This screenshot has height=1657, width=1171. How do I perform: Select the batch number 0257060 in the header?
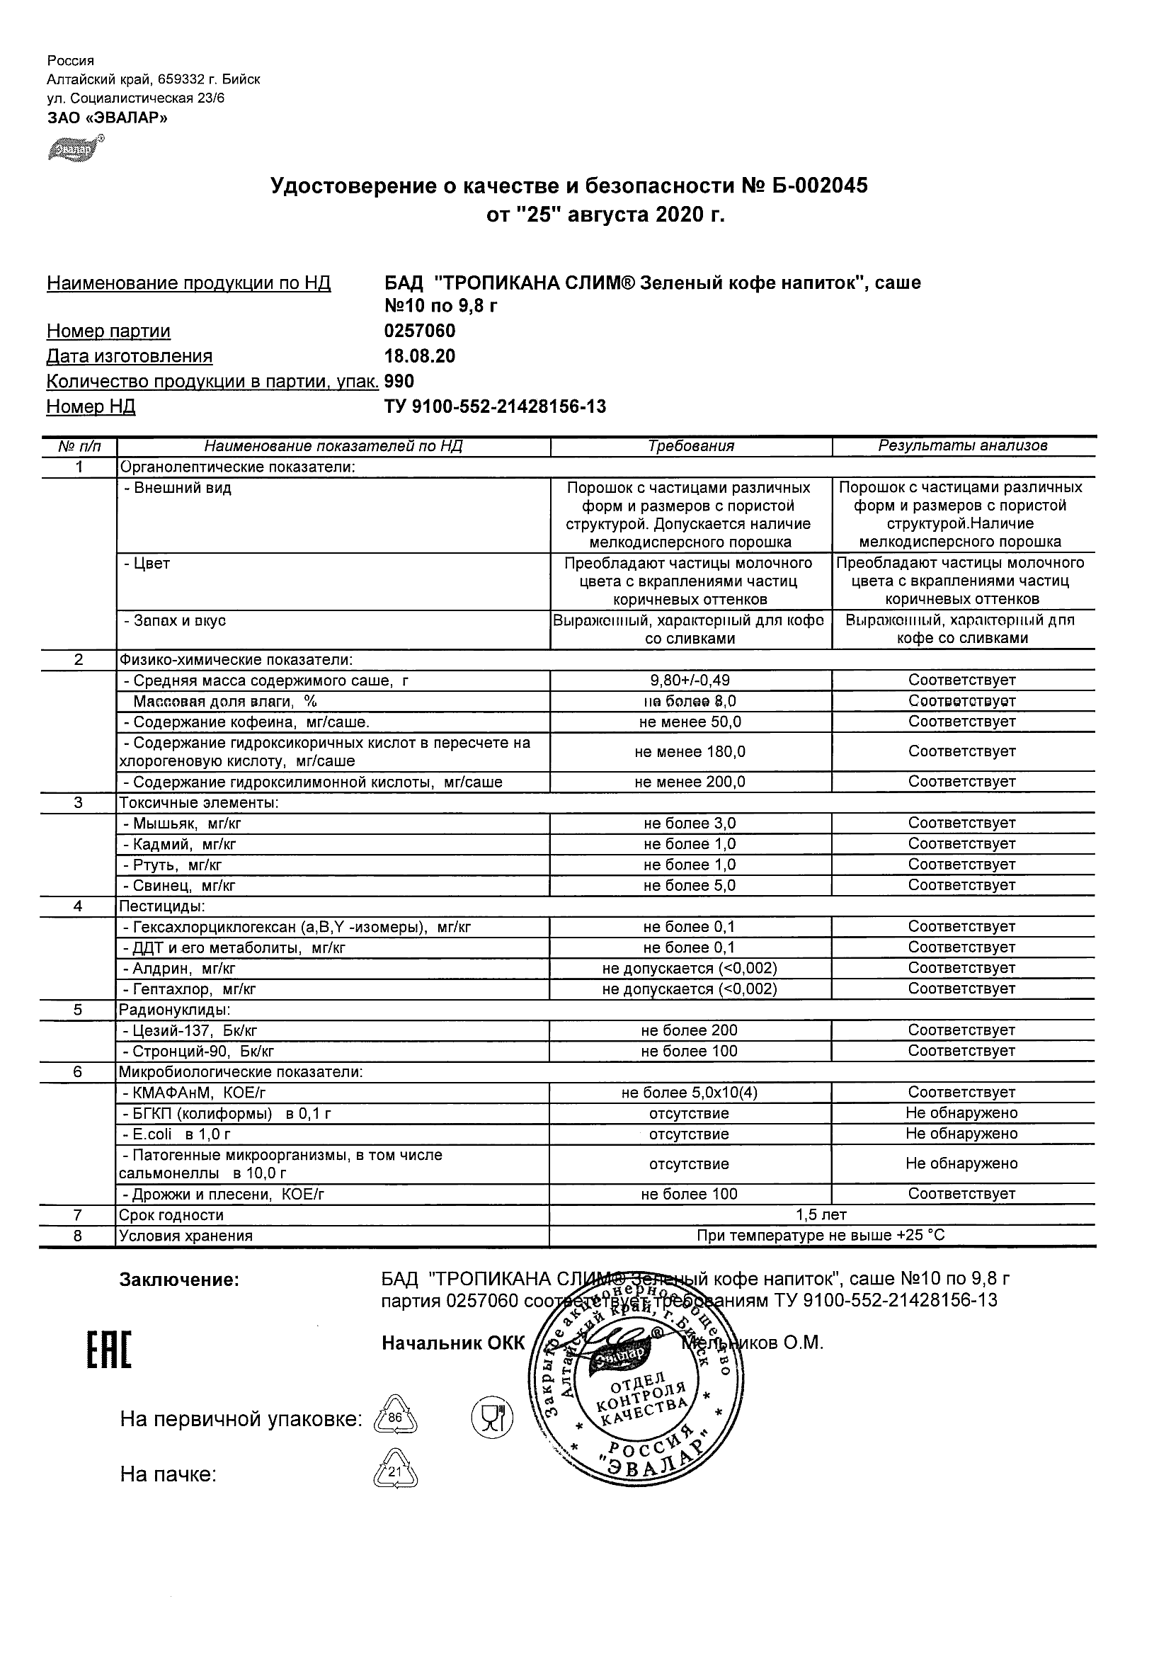point(420,331)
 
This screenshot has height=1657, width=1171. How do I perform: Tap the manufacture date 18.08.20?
point(420,355)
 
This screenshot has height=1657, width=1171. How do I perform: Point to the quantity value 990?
point(400,381)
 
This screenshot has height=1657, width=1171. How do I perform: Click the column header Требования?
point(690,446)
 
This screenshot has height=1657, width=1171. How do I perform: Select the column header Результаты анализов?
point(962,446)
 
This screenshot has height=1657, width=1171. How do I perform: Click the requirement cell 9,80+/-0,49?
point(690,680)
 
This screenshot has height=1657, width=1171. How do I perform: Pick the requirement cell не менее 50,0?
point(690,722)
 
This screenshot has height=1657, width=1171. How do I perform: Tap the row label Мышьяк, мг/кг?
point(187,823)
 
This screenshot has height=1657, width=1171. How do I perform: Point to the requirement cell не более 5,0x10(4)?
point(690,1092)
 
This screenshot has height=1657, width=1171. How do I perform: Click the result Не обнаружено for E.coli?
point(962,1133)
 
